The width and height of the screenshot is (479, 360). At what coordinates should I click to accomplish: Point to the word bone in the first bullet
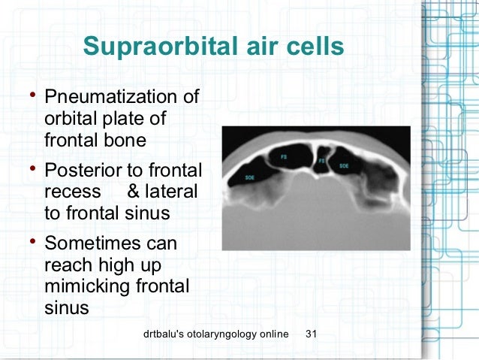126,140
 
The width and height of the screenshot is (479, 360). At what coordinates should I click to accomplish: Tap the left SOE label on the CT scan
249,178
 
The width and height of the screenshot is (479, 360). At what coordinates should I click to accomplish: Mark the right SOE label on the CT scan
344,165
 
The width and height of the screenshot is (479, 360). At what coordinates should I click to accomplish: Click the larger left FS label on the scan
284,157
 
